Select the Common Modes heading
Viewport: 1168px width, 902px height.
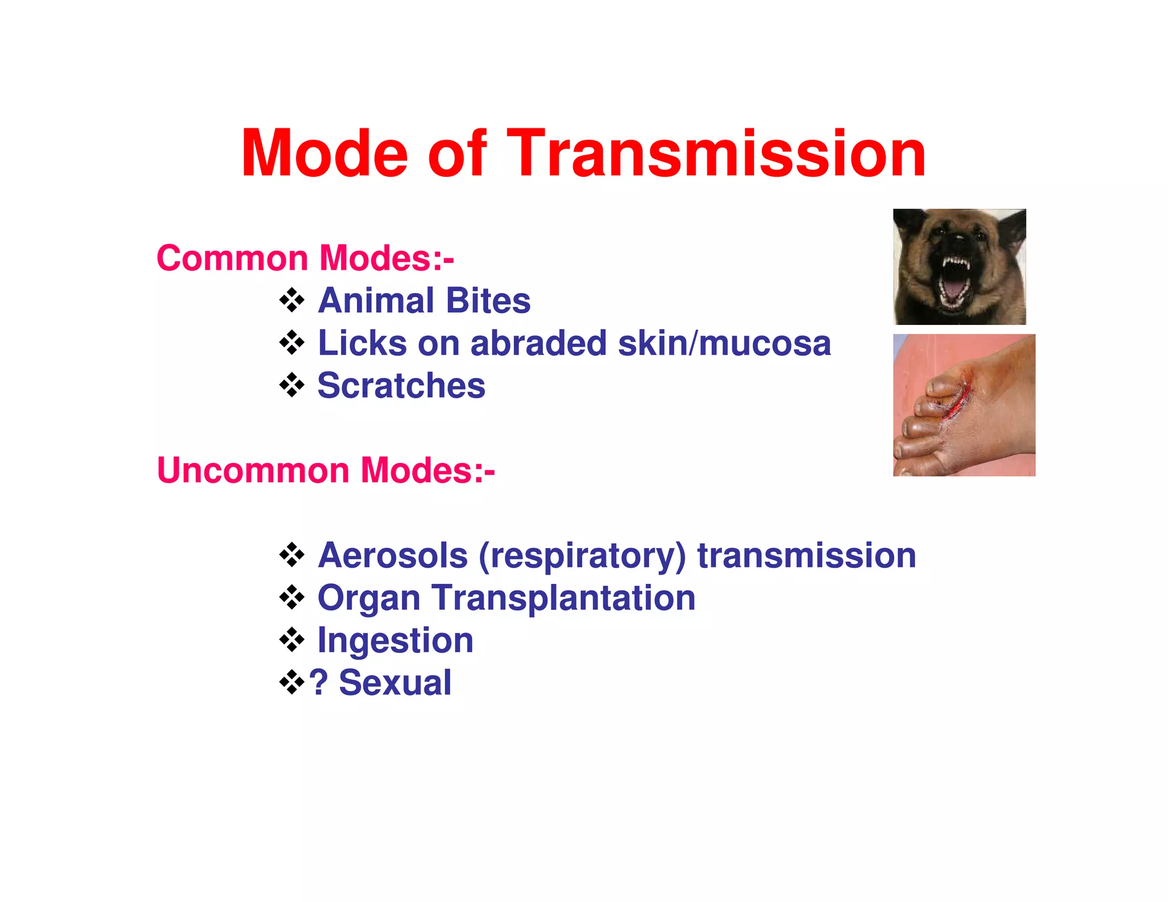305,258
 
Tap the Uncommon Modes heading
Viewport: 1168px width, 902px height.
326,470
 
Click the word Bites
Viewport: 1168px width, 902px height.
488,300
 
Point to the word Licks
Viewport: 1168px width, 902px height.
362,343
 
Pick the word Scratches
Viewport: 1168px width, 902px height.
401,385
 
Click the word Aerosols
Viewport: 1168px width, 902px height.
393,555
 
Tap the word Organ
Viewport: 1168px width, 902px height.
369,599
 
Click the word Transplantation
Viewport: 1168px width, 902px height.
563,599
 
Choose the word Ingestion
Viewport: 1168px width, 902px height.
395,640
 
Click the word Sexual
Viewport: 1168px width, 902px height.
395,682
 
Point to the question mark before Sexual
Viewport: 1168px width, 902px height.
318,682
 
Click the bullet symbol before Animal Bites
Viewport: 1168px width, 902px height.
292,300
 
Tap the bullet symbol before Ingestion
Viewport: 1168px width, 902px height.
292,640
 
